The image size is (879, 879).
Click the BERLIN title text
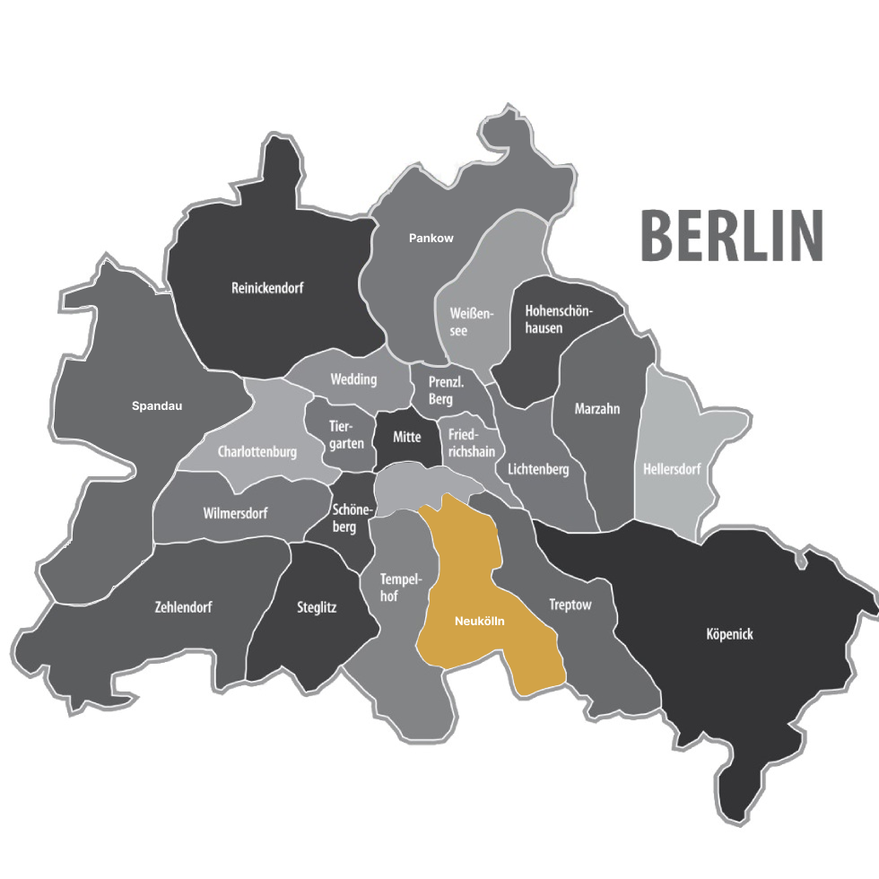[731, 236]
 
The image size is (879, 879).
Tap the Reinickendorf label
[267, 289]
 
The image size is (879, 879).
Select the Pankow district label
[431, 239]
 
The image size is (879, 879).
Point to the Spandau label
[157, 406]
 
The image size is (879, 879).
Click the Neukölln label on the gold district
[480, 621]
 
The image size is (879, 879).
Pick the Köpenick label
[729, 635]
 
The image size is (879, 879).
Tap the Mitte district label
[406, 437]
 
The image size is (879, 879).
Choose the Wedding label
[353, 379]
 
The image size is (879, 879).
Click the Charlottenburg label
[257, 452]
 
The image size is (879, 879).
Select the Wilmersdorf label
[236, 513]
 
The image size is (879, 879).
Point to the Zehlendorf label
[183, 607]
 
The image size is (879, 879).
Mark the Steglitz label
[317, 607]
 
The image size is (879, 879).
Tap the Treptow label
[570, 605]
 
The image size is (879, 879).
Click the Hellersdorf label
[672, 469]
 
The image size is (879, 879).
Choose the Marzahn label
[597, 409]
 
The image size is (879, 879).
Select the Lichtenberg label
[538, 469]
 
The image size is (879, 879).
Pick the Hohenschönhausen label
[557, 319]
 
